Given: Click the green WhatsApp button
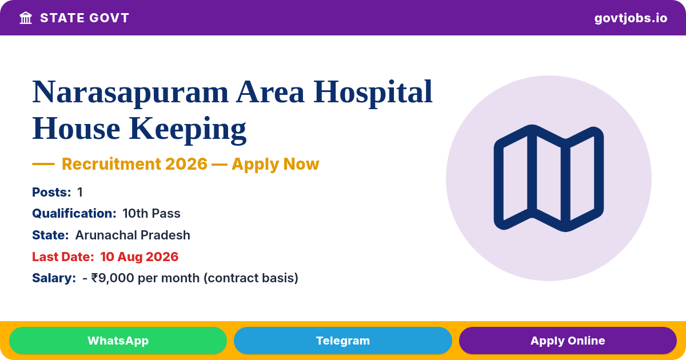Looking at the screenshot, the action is pos(118,341).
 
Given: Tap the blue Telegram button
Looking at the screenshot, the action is pos(342,341).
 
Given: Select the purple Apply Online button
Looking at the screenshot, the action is pos(568,341).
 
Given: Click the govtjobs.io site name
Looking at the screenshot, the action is pos(631,18).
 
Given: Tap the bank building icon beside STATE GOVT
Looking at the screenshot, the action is pos(26,18).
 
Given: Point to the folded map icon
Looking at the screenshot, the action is pos(548,178).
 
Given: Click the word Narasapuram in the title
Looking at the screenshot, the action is pos(130,93).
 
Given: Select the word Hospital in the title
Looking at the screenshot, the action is pos(373,93).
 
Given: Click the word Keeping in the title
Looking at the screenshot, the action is pos(188,129).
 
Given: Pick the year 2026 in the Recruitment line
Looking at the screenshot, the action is pos(186,164).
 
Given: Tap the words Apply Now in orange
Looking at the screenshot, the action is pos(276,164).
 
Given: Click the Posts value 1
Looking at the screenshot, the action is pos(80,192).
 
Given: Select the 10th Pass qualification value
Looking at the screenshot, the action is pos(151,213).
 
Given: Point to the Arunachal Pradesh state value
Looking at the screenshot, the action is pos(133,235).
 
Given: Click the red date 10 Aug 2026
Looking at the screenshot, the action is pos(139,257).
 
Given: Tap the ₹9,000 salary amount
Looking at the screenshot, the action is pos(113,278).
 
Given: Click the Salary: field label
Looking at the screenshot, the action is pos(54,278).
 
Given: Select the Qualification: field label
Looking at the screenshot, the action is pos(74,213).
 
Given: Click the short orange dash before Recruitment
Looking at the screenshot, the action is pos(43,164).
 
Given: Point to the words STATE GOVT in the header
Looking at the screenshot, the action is pos(85,18).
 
